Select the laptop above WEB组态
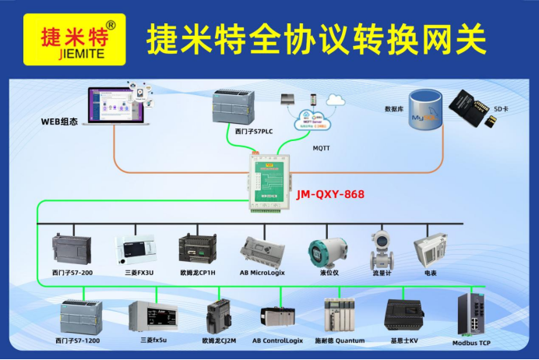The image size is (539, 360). tap(116, 107)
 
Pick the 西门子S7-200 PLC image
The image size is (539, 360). tap(71, 249)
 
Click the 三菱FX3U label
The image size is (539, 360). tap(138, 274)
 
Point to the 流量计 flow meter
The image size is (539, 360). tap(383, 248)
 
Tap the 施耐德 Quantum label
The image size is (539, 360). tap(339, 341)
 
